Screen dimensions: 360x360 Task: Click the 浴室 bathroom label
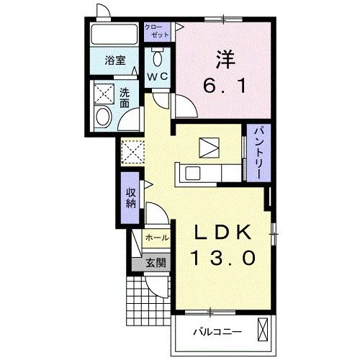click(115, 60)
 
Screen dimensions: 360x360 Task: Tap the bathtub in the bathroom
click(114, 34)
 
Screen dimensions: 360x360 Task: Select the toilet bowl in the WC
click(158, 58)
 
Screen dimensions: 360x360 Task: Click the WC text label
click(158, 77)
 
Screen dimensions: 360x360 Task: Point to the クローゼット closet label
click(157, 31)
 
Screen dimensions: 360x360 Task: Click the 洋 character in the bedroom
click(225, 59)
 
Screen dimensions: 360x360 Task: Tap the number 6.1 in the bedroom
click(225, 86)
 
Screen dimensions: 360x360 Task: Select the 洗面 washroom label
click(125, 98)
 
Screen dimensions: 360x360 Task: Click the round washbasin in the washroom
click(104, 117)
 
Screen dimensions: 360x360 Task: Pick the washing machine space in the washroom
click(104, 94)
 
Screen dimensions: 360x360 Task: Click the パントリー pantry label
click(258, 153)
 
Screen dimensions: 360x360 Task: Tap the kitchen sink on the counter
click(193, 174)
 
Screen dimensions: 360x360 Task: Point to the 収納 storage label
click(130, 198)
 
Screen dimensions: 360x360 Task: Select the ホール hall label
click(157, 238)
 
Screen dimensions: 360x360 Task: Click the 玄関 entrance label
click(156, 264)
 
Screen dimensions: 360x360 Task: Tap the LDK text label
click(223, 233)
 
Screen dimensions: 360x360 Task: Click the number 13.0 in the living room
click(223, 257)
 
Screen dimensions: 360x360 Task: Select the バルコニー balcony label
click(217, 332)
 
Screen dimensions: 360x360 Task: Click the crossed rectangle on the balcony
click(263, 329)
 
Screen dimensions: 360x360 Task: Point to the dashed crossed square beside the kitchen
click(132, 152)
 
